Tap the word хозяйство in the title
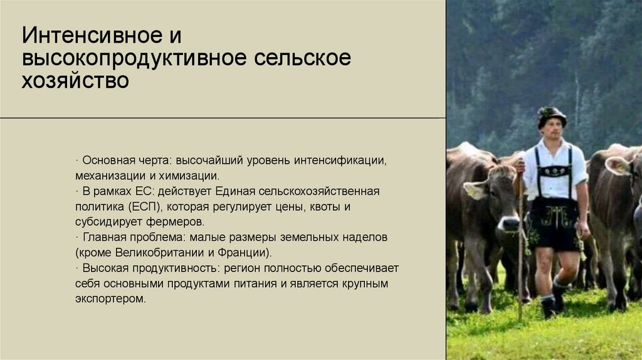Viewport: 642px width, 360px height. click(75, 81)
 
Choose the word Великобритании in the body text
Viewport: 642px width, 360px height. click(152, 253)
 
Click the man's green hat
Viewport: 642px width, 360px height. click(551, 115)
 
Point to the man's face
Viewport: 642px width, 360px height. click(552, 129)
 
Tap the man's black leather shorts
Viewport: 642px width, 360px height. click(554, 226)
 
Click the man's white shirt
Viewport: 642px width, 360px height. click(554, 172)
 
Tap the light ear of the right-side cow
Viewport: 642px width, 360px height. click(616, 166)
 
